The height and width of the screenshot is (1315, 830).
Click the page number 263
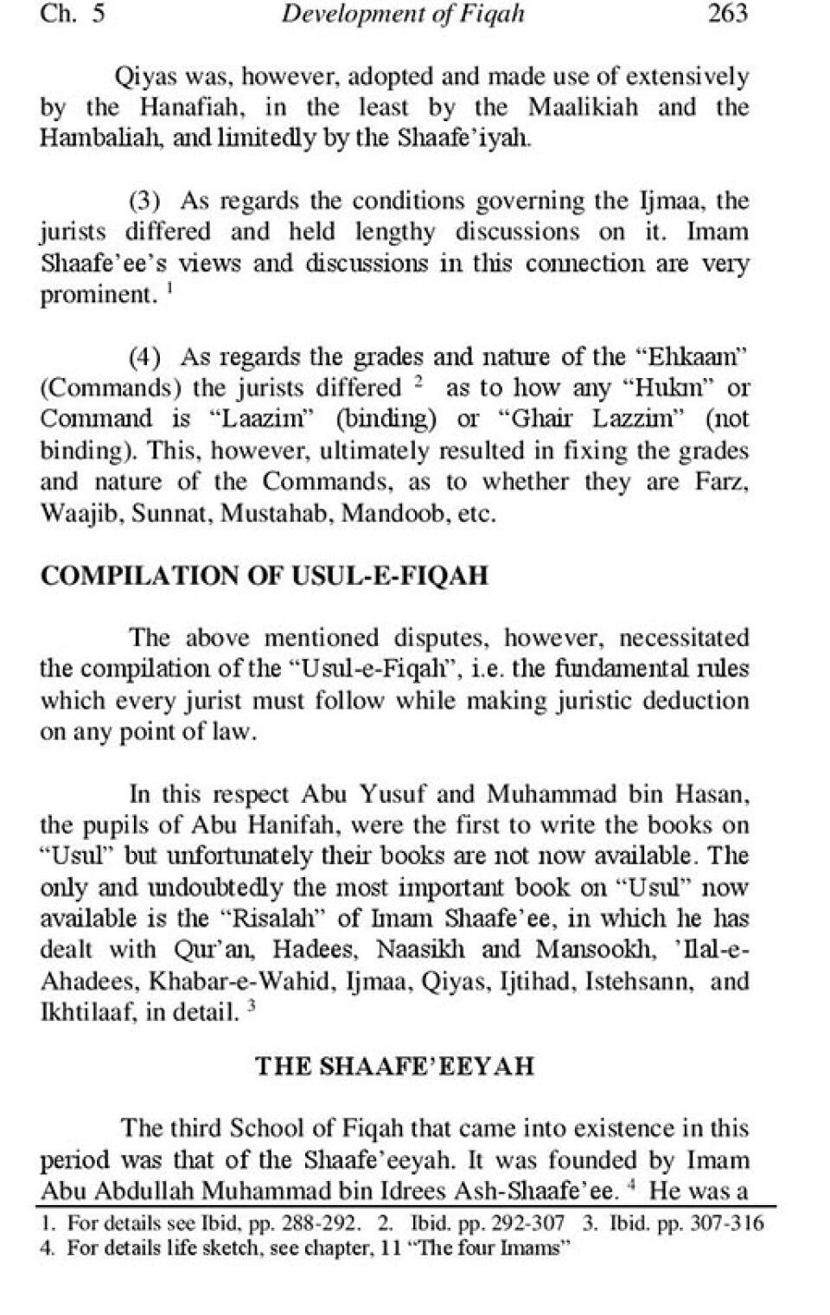(727, 15)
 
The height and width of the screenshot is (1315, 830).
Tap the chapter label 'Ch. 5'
(73, 15)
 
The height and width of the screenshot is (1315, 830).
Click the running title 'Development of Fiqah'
(403, 15)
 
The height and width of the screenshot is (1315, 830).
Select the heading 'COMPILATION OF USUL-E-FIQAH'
(265, 576)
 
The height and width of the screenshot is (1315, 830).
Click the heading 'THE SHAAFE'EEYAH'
(394, 1066)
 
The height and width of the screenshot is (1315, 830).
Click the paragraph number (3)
(145, 202)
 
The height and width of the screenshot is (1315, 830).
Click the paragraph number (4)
(145, 357)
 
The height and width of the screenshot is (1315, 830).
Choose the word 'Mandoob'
(393, 514)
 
